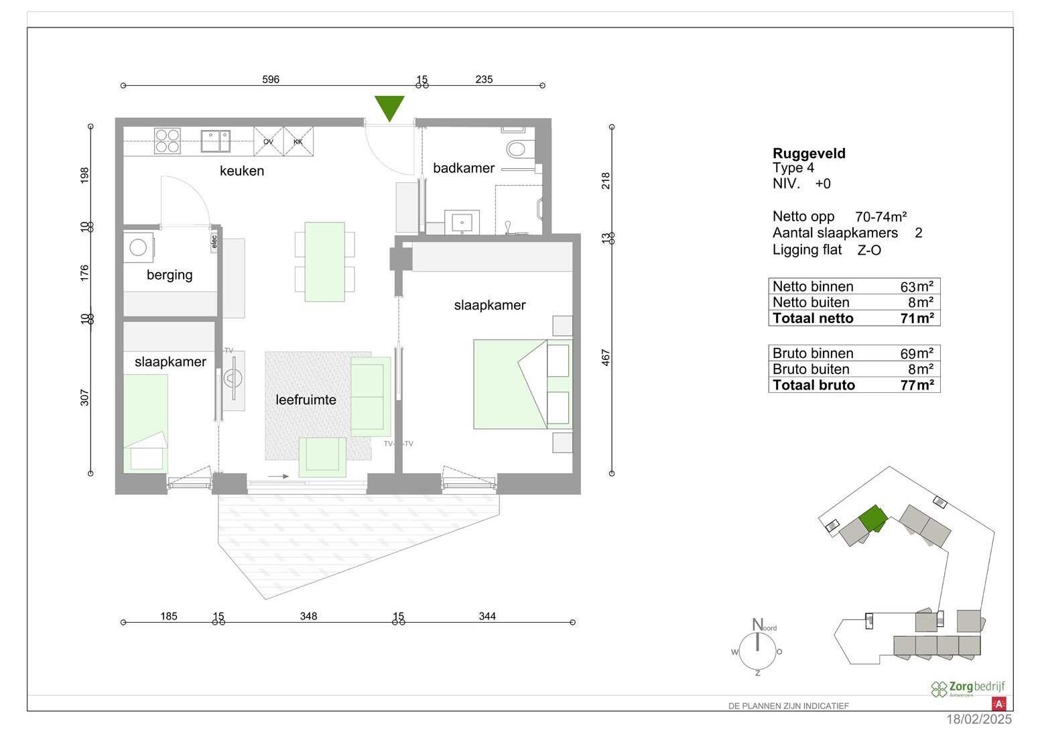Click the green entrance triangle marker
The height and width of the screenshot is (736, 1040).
389,106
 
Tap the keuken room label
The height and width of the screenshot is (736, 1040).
242,171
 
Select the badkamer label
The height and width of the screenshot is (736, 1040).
464,168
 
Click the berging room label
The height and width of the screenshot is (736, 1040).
170,275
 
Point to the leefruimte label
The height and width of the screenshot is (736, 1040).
306,400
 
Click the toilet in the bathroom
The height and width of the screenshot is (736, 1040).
518,147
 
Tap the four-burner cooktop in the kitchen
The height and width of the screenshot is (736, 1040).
167,141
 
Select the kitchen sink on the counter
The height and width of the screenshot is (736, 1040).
215,141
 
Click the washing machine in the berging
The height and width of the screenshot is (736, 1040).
139,247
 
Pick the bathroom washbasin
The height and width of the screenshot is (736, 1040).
462,222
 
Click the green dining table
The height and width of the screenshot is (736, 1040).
325,261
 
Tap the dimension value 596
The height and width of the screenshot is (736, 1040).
271,79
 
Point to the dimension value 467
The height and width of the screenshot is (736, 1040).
606,357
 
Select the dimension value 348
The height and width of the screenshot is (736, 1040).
308,616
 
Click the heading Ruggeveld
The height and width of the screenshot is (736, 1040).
809,154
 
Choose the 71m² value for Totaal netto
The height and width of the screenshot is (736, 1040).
917,318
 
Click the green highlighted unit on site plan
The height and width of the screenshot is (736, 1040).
872,518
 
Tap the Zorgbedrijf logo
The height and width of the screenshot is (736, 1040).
968,688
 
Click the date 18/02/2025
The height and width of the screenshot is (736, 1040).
978,720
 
